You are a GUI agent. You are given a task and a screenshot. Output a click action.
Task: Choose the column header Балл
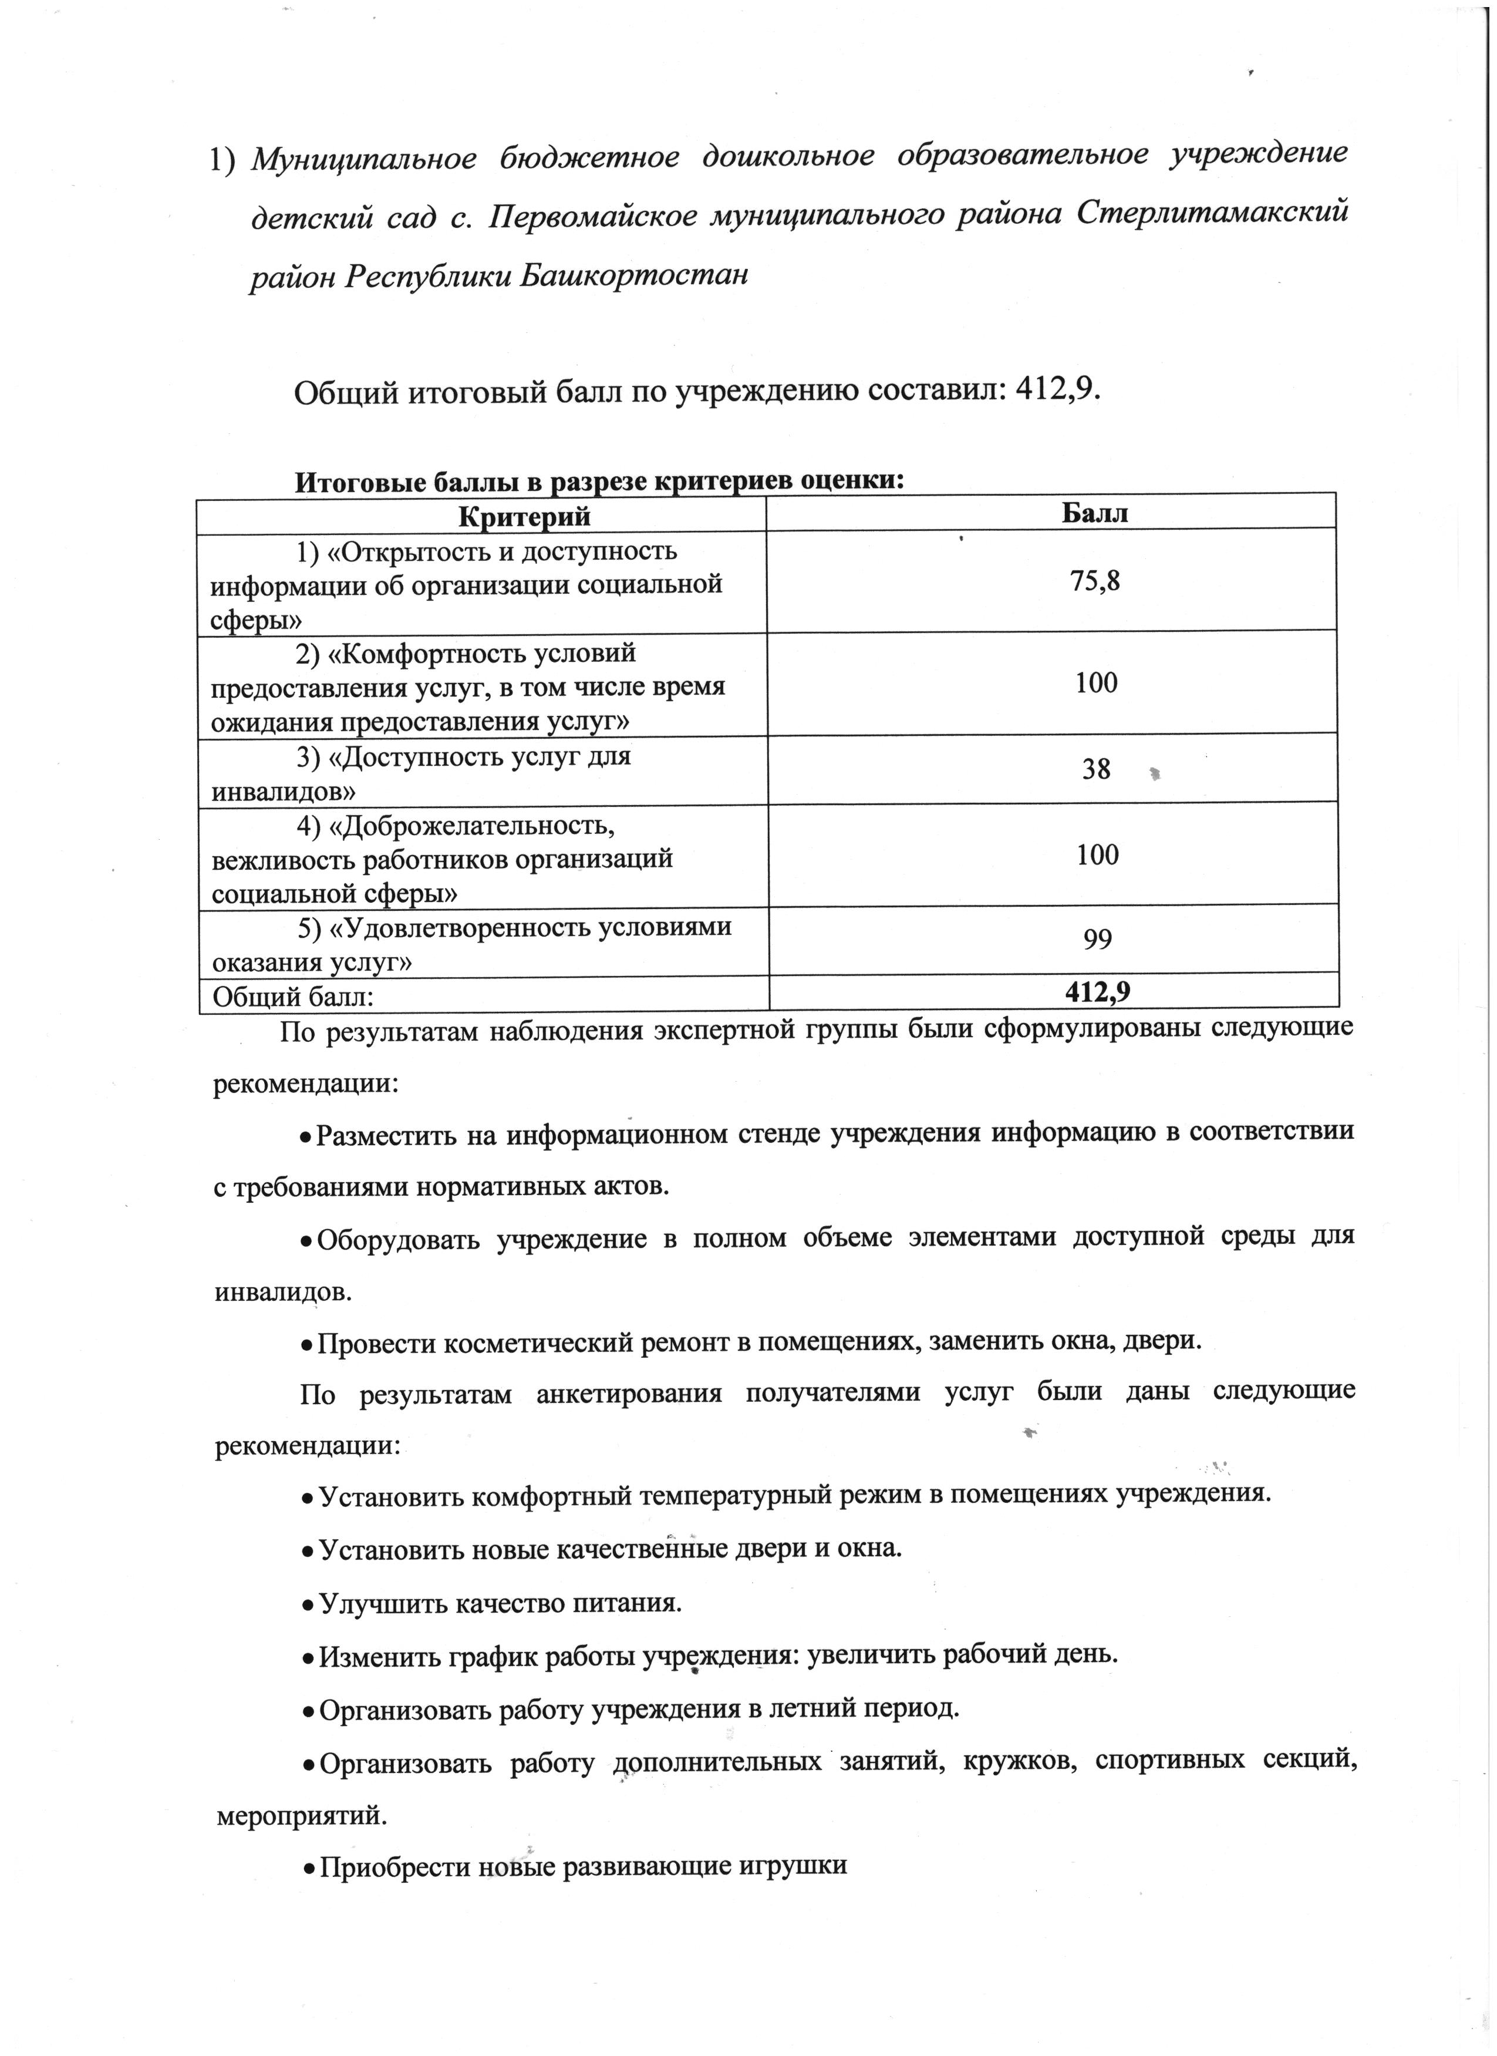click(x=1095, y=513)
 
